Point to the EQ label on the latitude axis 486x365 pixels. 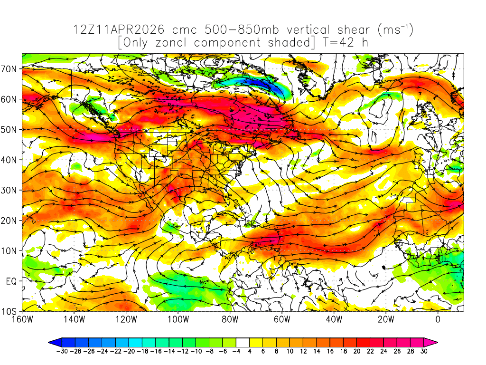pos(11,281)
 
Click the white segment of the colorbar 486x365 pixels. pos(243,342)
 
